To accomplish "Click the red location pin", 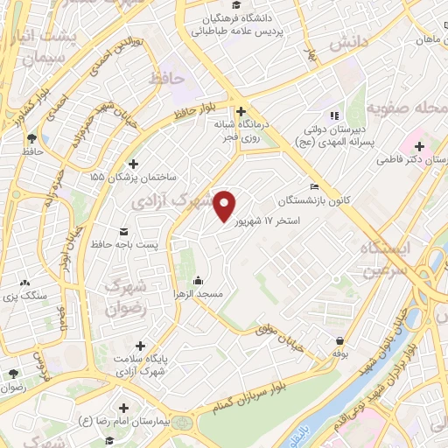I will tap(225, 206).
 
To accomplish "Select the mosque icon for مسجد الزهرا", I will tap(198, 280).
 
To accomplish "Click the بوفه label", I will tap(339, 353).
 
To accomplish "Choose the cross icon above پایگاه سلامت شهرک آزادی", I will tap(139, 346).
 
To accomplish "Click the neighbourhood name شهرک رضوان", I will tap(122, 297).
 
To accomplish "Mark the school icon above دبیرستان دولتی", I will tap(332, 115).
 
